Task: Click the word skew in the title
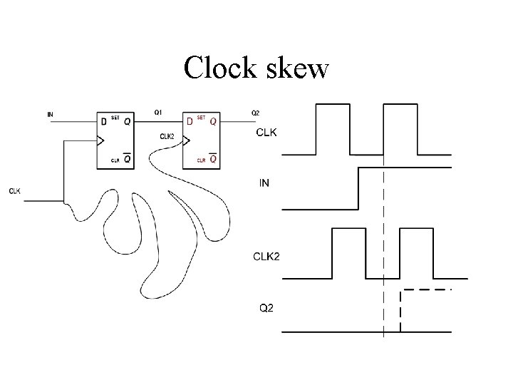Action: point(299,68)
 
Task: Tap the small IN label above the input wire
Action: point(49,113)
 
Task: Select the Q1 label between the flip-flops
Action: point(158,112)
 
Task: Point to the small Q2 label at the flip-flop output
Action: point(255,113)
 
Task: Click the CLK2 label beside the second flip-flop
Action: point(168,135)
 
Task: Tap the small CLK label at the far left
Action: point(15,190)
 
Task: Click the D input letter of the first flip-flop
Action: point(104,122)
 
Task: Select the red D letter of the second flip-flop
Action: point(190,122)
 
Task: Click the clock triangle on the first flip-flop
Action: point(100,140)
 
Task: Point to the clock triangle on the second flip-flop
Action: point(187,140)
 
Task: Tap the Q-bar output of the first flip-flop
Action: point(127,160)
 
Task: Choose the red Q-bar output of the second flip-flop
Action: point(212,160)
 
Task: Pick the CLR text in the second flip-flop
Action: point(201,161)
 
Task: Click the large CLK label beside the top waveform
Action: point(266,133)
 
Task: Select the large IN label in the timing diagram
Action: point(264,183)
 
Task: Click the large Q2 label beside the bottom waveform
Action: point(265,308)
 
